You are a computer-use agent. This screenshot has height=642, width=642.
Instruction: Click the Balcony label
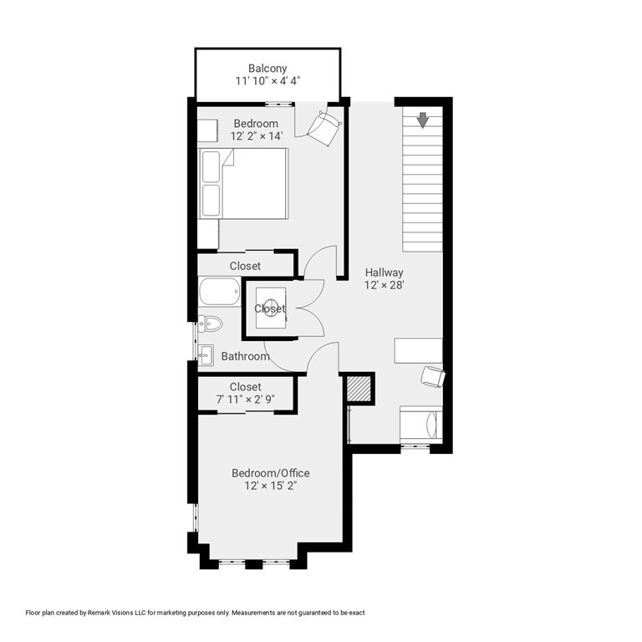267,68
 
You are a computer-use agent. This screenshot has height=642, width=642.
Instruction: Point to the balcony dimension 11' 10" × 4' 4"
267,81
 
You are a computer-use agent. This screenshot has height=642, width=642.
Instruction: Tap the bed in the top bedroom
243,183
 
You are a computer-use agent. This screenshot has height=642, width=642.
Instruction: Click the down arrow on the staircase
423,120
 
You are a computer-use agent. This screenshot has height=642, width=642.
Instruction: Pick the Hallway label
384,273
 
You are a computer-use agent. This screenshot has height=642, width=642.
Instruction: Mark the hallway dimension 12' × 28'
384,285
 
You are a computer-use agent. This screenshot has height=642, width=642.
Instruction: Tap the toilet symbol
209,324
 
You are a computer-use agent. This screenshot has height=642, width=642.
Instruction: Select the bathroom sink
206,354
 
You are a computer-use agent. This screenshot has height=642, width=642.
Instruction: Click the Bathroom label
245,357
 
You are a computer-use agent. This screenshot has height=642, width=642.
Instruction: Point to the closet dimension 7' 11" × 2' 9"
245,400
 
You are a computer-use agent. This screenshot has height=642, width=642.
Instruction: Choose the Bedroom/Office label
270,473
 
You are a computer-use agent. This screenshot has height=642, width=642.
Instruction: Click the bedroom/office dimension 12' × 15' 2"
270,486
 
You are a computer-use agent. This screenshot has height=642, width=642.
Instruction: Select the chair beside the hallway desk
433,376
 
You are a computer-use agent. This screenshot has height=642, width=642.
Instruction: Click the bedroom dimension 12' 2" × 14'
255,137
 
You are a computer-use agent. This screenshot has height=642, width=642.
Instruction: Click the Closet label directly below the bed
245,266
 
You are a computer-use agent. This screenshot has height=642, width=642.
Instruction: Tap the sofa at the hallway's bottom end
420,424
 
